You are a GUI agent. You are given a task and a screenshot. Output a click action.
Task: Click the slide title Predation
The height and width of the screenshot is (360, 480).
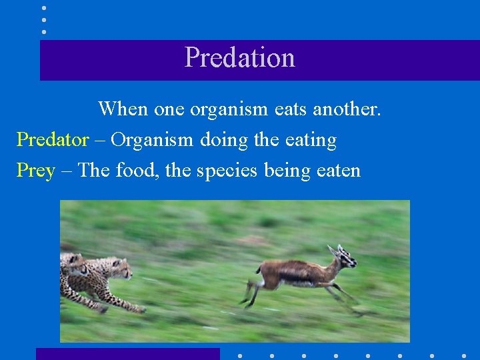239,58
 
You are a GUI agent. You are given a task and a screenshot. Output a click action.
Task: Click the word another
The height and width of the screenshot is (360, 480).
348,109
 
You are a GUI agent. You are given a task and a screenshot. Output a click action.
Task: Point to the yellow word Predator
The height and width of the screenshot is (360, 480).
52,140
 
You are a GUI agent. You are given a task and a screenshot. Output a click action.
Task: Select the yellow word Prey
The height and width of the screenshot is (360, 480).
35,171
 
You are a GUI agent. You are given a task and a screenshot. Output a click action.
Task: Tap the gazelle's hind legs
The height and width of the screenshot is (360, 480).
252,292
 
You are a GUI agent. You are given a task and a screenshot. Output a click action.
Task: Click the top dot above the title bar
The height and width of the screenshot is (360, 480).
44,8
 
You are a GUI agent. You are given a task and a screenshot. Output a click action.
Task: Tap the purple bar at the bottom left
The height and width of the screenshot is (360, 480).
127,353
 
